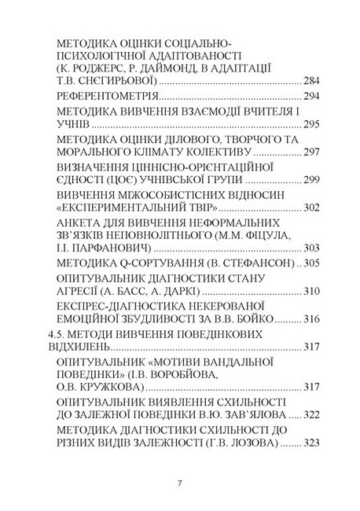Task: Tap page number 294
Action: point(314,97)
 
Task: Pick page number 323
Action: point(314,444)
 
